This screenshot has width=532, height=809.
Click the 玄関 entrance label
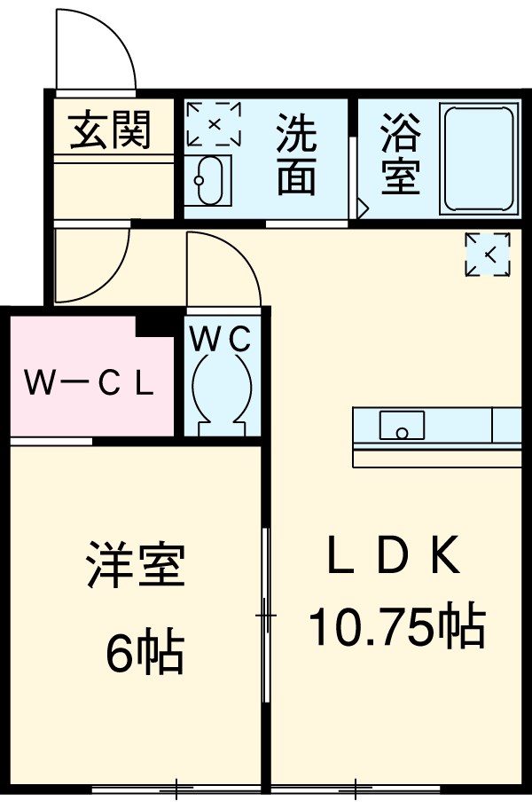click(x=112, y=130)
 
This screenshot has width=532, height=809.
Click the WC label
click(x=223, y=338)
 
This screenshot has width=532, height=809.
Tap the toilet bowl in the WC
click(x=223, y=390)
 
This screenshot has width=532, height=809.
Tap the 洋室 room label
click(x=136, y=565)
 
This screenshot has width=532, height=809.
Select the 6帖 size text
click(x=145, y=655)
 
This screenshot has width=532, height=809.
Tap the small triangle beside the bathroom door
click(x=362, y=210)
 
